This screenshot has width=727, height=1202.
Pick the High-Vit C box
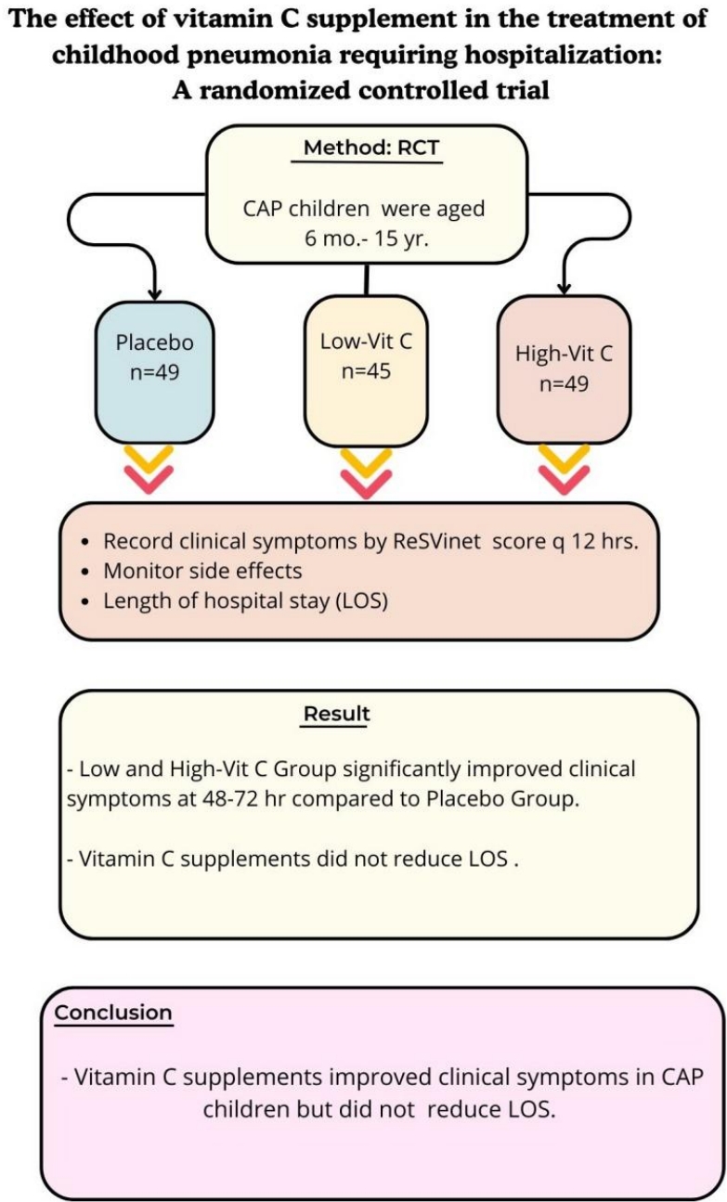coord(564,368)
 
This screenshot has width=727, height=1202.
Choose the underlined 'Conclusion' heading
coord(113,1012)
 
